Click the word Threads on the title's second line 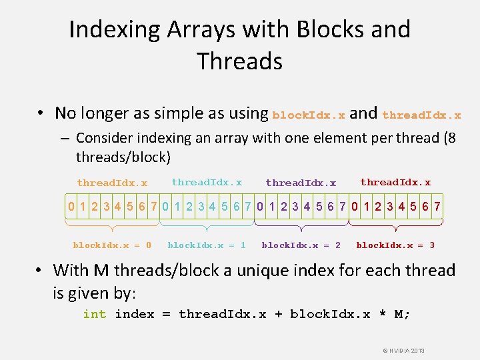coord(240,61)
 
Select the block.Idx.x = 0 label coord(112,245)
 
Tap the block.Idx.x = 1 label coord(207,245)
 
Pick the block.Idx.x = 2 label coord(301,245)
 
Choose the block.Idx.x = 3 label coord(395,245)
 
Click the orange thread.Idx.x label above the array coord(112,183)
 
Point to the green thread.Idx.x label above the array coord(207,182)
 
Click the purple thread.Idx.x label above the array coord(301,183)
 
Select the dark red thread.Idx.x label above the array coord(395,182)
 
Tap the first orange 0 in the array coord(71,207)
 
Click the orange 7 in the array coord(153,207)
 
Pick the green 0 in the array coord(165,207)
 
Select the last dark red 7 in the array coord(437,207)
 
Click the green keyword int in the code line coord(94,314)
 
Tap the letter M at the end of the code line coord(399,314)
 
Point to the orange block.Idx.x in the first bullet coord(309,115)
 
